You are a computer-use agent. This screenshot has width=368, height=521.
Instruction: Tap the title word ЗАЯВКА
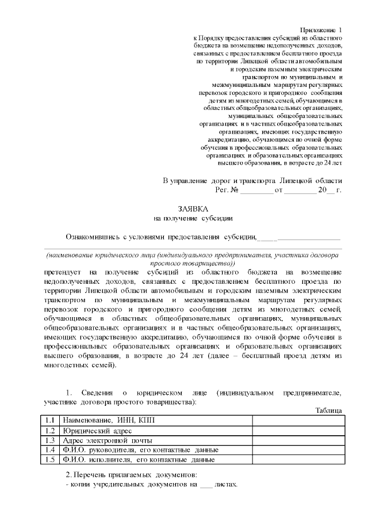coord(193,208)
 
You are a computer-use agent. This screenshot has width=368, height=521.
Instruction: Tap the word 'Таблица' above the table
coord(329,410)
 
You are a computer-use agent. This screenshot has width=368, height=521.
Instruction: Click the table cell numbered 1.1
coord(51,420)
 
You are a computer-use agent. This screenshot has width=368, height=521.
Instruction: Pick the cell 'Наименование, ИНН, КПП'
coord(109,420)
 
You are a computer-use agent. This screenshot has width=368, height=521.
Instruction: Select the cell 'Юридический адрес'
coord(98,431)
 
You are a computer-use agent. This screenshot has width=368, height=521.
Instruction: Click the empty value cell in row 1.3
coord(298,440)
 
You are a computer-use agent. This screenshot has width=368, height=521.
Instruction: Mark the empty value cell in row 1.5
coord(298,459)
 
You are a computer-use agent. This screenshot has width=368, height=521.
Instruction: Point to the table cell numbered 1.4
coord(51,450)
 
